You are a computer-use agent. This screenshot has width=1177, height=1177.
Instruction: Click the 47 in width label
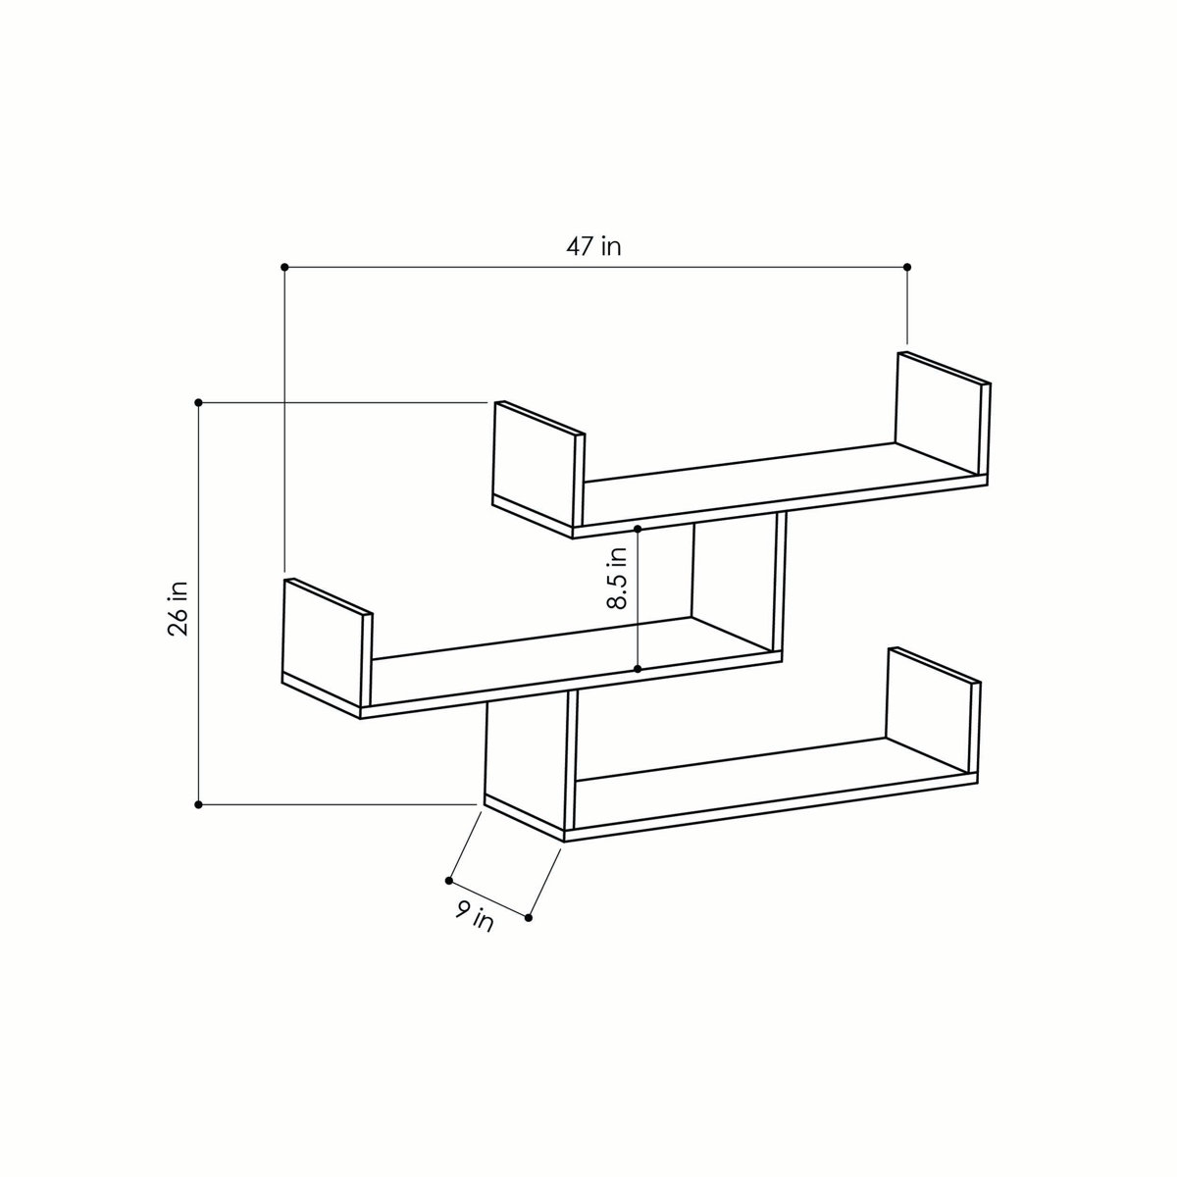tap(593, 246)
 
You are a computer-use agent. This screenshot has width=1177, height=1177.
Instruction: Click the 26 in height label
tap(178, 608)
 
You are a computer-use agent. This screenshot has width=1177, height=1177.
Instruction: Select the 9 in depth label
tap(476, 918)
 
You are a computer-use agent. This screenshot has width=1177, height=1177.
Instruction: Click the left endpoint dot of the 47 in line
tap(284, 267)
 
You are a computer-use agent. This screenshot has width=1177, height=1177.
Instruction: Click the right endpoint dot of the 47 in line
tap(907, 267)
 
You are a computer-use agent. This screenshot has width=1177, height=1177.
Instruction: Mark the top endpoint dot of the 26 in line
tap(199, 402)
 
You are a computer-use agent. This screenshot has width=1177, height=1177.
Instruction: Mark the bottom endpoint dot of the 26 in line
tap(199, 804)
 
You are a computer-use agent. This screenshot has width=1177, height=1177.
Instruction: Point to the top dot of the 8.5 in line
tap(638, 529)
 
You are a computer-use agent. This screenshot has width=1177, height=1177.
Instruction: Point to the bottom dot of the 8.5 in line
tap(638, 669)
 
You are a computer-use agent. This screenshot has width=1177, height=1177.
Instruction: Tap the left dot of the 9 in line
tap(449, 879)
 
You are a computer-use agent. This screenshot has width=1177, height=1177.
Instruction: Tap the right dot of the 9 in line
tap(529, 918)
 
